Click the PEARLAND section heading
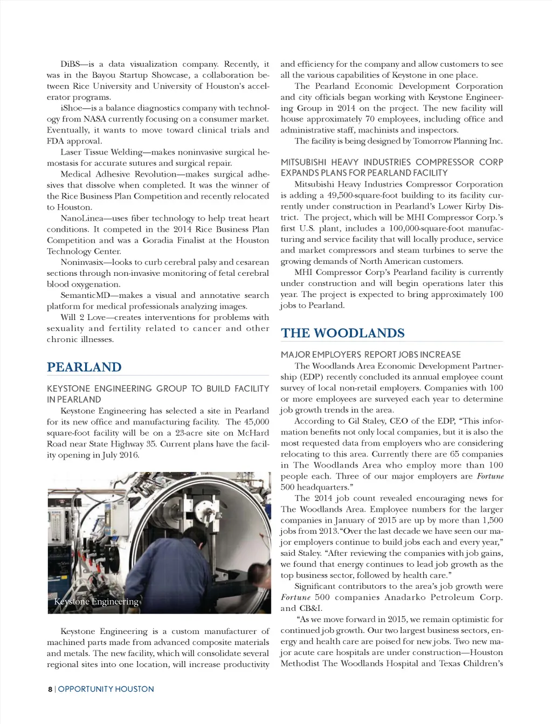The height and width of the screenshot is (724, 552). pos(84,367)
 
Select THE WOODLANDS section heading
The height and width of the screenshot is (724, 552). pos(342,333)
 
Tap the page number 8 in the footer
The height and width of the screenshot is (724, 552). pos(50,689)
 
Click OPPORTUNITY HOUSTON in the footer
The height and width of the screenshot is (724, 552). pos(106,689)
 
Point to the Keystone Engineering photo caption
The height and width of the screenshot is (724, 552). pos(96,602)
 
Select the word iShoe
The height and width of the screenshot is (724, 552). pos(71,108)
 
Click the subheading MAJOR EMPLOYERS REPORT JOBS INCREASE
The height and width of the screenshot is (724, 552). pos(370,354)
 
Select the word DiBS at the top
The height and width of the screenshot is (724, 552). pos(70,64)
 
